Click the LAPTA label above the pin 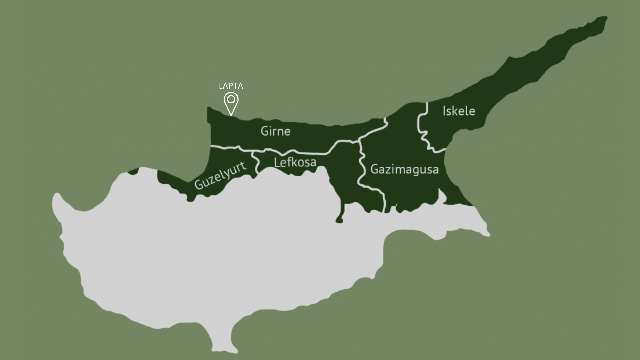click(x=231, y=86)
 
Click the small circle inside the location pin click(x=231, y=99)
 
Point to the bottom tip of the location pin click(x=231, y=115)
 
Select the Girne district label click(x=275, y=131)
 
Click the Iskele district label click(x=459, y=111)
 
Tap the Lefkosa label click(x=295, y=163)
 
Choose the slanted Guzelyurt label click(x=220, y=175)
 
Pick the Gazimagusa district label click(x=404, y=170)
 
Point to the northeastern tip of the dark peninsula click(x=604, y=19)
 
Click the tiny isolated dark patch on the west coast click(x=134, y=171)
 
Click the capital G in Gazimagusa click(x=374, y=170)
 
